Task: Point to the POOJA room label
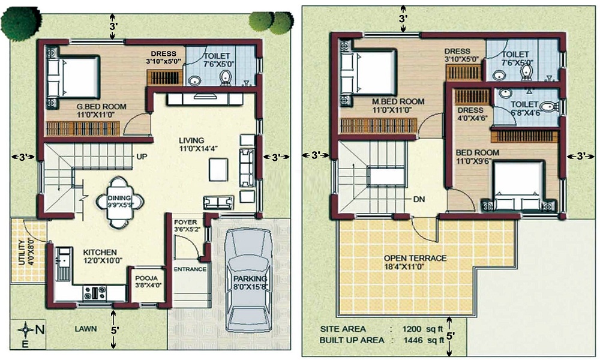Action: pos(146,278)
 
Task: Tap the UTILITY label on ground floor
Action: pos(22,251)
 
